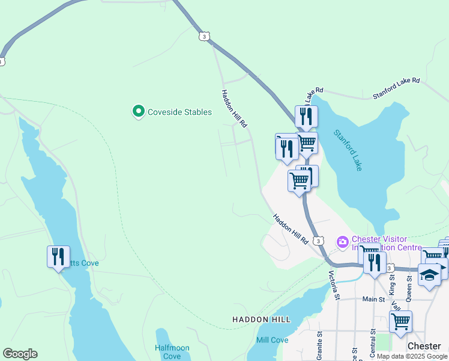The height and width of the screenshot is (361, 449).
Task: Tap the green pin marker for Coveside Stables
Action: [139, 111]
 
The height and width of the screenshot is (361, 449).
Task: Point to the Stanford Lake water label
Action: [348, 150]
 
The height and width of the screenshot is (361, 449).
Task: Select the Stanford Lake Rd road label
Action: [396, 88]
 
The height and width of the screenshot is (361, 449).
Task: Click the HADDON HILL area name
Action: [261, 319]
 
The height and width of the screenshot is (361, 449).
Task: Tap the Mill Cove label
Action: [272, 340]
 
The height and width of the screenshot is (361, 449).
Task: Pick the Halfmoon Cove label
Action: [172, 352]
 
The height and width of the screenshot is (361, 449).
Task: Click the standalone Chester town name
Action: [424, 346]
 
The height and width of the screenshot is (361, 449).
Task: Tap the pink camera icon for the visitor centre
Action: [343, 242]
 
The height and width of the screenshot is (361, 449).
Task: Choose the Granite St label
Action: [319, 342]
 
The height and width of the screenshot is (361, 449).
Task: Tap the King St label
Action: [393, 282]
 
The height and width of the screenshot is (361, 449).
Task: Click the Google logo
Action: [20, 354]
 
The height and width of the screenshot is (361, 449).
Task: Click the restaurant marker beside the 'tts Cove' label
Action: [58, 257]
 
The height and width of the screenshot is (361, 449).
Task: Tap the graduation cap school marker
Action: [429, 274]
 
